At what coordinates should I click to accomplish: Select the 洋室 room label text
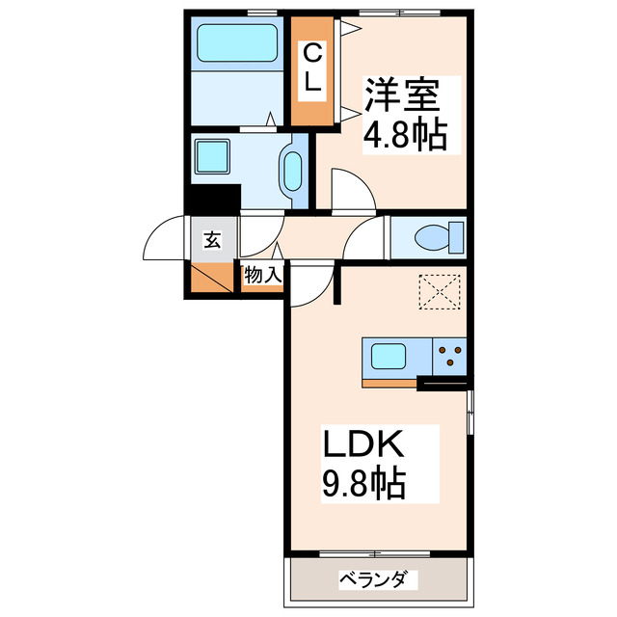click(401, 94)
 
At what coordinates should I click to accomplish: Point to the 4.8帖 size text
click(404, 135)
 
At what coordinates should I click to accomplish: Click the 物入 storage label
click(262, 276)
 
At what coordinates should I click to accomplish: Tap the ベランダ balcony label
click(378, 580)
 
